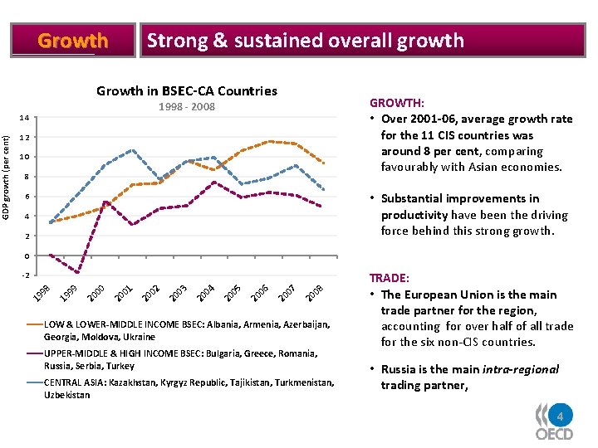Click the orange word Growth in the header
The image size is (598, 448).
pyautogui.click(x=73, y=41)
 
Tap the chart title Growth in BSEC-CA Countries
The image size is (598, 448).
pyautogui.click(x=187, y=91)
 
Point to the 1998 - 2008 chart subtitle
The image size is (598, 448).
pyautogui.click(x=187, y=106)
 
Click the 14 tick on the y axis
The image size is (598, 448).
pyautogui.click(x=24, y=118)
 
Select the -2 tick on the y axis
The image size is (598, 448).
pyautogui.click(x=25, y=275)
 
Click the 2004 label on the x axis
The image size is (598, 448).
pyautogui.click(x=206, y=293)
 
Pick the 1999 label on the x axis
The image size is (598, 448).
pyautogui.click(x=69, y=293)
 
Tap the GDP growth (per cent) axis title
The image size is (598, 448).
pyautogui.click(x=5, y=178)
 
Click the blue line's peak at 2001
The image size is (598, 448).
pyautogui.click(x=132, y=150)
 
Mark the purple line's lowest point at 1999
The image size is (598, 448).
pyautogui.click(x=78, y=272)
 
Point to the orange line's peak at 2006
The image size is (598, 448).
pyautogui.click(x=270, y=141)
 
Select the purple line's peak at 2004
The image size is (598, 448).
pyautogui.click(x=214, y=182)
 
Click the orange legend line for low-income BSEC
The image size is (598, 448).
pyautogui.click(x=35, y=324)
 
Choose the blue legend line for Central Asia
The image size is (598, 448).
pyautogui.click(x=35, y=382)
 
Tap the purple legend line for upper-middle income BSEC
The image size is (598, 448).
pyautogui.click(x=35, y=353)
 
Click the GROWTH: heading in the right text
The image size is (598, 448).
pyautogui.click(x=397, y=103)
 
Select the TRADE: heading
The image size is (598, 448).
pyautogui.click(x=389, y=278)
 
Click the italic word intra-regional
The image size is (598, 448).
pyautogui.click(x=521, y=369)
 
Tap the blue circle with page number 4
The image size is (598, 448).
pyautogui.click(x=561, y=416)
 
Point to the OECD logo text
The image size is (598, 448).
pyautogui.click(x=554, y=434)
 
